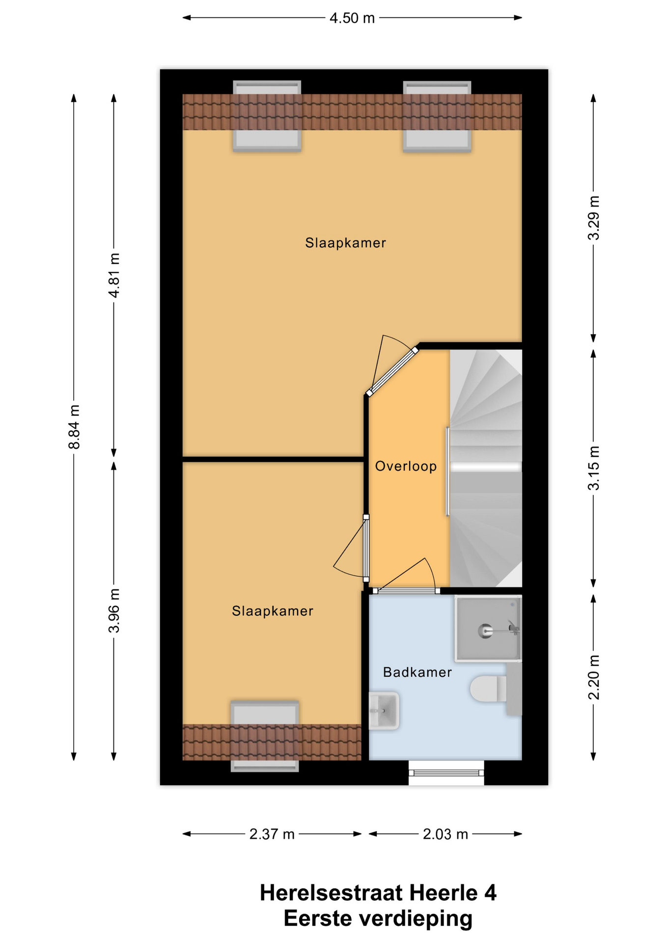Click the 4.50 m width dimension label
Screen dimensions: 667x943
352,18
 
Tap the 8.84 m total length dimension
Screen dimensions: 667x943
74,427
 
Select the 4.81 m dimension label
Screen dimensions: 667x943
114,275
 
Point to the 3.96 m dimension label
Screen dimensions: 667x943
114,610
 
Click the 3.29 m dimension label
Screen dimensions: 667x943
594,218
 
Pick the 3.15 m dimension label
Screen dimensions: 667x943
594,468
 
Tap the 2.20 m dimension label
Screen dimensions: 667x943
594,677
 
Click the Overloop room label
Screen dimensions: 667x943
406,466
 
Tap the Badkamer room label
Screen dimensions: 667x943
417,672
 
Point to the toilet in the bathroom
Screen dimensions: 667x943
489,688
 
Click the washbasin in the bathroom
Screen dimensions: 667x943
384,710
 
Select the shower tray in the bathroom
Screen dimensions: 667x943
488,629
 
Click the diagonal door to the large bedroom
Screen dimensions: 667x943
392,372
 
